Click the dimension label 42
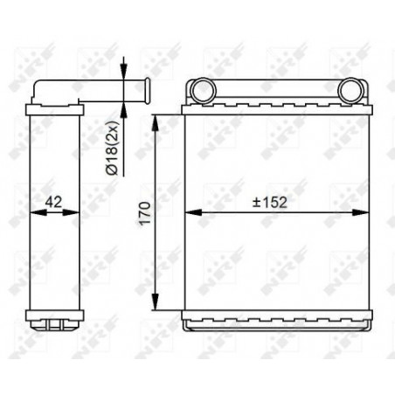pyautogui.click(x=54, y=202)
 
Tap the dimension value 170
pyautogui.click(x=145, y=213)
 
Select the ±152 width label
pyautogui.click(x=270, y=203)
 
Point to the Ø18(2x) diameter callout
pyautogui.click(x=112, y=148)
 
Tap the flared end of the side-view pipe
pyautogui.click(x=147, y=90)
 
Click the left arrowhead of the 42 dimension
pyautogui.click(x=38, y=212)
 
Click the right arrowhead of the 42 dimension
pyautogui.click(x=71, y=212)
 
